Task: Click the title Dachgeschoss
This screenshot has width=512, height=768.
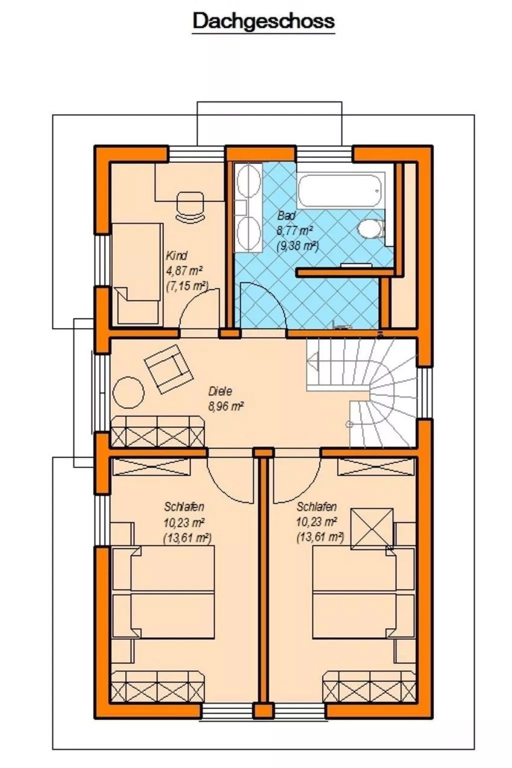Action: [263, 21]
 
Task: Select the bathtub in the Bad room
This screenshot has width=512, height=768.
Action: [340, 189]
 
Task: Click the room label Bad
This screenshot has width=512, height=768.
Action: [286, 216]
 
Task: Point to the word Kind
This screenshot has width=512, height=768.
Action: [176, 256]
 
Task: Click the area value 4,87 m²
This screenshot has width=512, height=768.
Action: [184, 271]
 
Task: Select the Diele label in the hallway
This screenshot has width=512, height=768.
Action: [220, 391]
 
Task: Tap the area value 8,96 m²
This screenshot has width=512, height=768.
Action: [225, 406]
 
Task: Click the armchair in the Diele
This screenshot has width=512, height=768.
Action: [168, 368]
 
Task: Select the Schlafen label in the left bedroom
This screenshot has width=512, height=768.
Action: [184, 506]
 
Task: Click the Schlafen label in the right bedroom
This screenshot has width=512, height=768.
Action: [316, 506]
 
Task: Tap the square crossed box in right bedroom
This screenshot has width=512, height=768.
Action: [371, 528]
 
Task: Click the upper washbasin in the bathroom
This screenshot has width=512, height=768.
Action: [248, 182]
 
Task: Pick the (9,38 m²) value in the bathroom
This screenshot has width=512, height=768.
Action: [297, 245]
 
